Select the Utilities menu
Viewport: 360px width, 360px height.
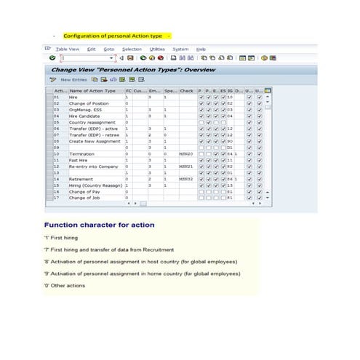[x=157, y=49]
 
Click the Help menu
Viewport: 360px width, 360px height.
[x=201, y=49]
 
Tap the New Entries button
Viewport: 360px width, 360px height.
[x=73, y=79]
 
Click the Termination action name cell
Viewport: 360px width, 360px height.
[x=81, y=154]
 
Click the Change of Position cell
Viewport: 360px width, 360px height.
[x=88, y=103]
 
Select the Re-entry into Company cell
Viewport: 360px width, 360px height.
[x=92, y=166]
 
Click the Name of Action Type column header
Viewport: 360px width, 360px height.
[x=92, y=91]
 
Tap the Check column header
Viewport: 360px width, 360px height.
[x=186, y=91]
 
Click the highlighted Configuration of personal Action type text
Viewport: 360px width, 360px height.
[x=116, y=35]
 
